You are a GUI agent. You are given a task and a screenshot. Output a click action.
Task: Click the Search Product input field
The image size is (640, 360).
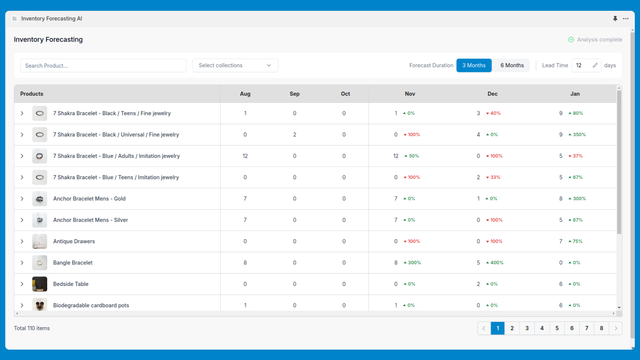click(103, 66)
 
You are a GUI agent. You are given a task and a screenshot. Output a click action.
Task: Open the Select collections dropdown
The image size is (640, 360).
click(235, 66)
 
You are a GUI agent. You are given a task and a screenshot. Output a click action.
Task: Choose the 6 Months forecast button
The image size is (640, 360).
click(512, 66)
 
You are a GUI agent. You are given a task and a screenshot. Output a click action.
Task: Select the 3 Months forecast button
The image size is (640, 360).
click(474, 66)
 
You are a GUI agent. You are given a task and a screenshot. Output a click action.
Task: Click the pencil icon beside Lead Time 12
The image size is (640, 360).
click(595, 65)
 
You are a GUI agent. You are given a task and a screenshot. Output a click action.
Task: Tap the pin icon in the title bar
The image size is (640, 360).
click(615, 18)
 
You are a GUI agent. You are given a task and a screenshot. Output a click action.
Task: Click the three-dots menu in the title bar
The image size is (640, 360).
click(626, 18)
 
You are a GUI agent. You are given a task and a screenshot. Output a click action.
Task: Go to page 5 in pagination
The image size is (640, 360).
click(557, 328)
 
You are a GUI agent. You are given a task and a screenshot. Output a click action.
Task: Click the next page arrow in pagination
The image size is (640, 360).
click(616, 328)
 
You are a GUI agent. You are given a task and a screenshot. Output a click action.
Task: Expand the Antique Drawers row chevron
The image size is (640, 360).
click(22, 241)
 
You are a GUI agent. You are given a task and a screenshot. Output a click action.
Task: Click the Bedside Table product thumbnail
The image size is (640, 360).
click(40, 284)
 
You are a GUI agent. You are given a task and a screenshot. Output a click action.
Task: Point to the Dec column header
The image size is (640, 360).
click(492, 94)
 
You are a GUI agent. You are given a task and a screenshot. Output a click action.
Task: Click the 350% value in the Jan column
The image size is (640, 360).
click(579, 135)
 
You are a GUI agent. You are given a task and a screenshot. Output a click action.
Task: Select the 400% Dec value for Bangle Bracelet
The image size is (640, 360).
click(496, 263)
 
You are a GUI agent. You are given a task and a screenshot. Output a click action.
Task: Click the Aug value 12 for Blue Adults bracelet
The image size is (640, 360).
click(245, 156)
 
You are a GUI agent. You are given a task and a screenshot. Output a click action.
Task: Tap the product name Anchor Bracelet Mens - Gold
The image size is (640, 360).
click(89, 199)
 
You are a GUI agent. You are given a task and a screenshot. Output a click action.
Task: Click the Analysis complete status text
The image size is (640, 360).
click(599, 40)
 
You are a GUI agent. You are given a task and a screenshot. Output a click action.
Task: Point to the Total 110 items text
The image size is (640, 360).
click(32, 328)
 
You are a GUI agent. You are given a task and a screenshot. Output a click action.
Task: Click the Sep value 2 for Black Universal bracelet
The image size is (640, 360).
click(294, 135)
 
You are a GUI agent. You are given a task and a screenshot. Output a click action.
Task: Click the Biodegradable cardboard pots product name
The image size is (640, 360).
click(91, 305)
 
